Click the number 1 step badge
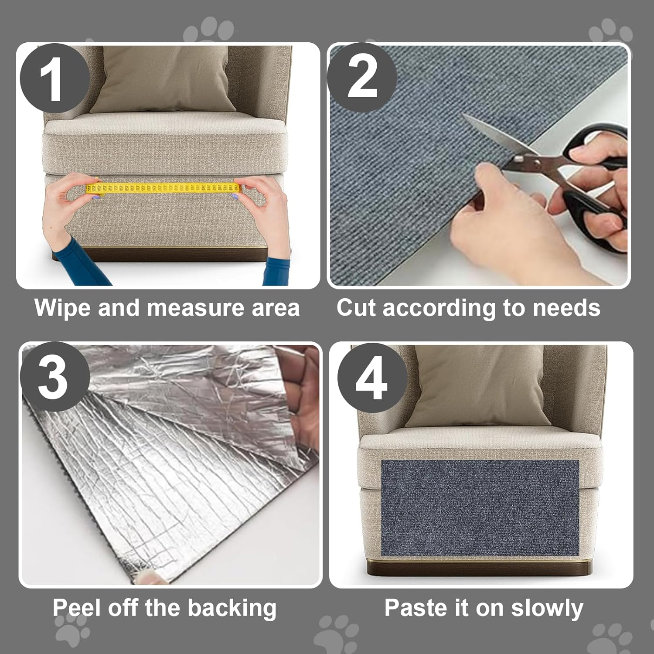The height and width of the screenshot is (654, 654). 53,79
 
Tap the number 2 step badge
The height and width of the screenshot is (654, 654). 362,78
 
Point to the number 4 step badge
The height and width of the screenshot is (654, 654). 371,378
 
